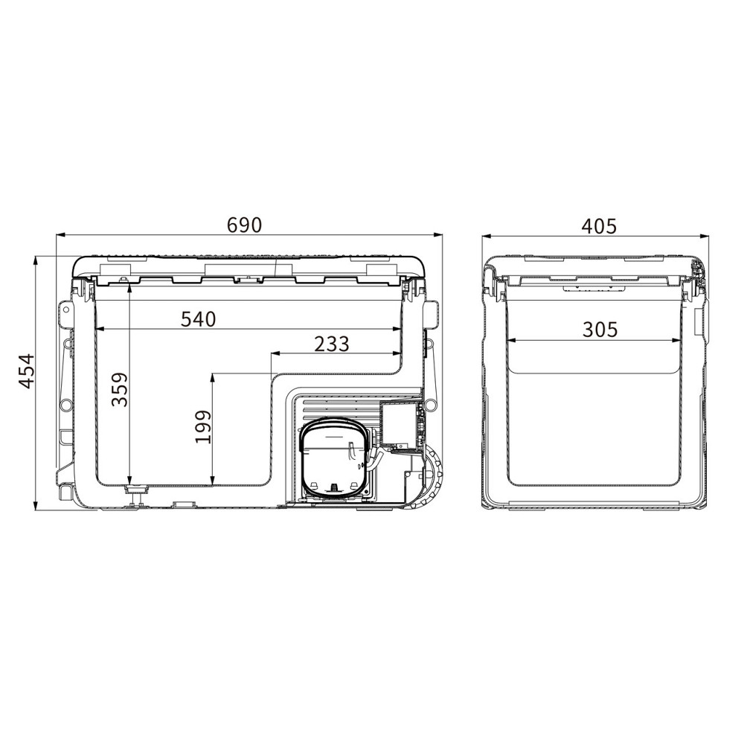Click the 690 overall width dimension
pos(244,225)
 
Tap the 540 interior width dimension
pos(199,319)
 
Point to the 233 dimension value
pos(332,344)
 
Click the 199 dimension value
pos(203,426)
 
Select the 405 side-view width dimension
pos(599,226)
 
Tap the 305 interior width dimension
pos(600,330)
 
